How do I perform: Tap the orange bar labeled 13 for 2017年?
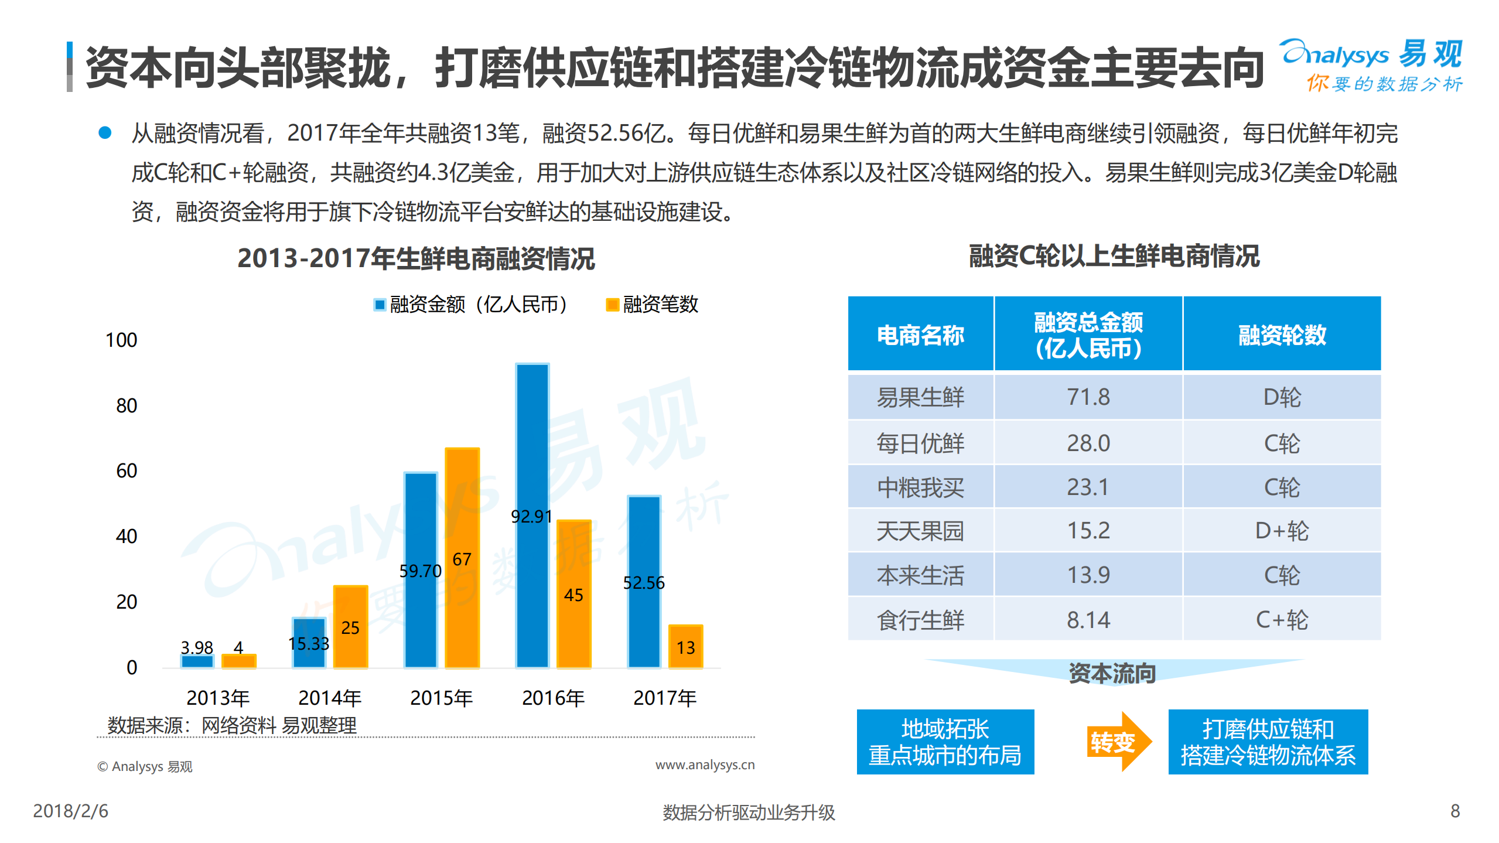pyautogui.click(x=685, y=647)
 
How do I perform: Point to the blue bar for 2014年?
pyautogui.click(x=309, y=643)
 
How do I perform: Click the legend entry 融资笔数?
pyautogui.click(x=652, y=305)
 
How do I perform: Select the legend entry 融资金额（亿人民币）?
pyautogui.click(x=470, y=305)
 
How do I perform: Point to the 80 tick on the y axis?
pyautogui.click(x=126, y=405)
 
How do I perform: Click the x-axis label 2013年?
pyautogui.click(x=218, y=698)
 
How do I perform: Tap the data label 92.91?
pyautogui.click(x=531, y=516)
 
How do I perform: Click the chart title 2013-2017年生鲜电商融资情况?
pyautogui.click(x=416, y=258)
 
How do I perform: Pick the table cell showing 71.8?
pyautogui.click(x=1088, y=397)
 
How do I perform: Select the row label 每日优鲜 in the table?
pyautogui.click(x=920, y=443)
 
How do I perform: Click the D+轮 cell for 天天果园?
pyautogui.click(x=1281, y=531)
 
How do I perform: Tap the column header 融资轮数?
pyautogui.click(x=1281, y=335)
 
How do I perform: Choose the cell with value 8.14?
pyautogui.click(x=1088, y=620)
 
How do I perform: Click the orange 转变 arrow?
pyautogui.click(x=1118, y=742)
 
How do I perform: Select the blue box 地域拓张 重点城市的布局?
pyautogui.click(x=945, y=742)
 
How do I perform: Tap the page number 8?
pyautogui.click(x=1454, y=811)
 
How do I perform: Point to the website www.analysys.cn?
pyautogui.click(x=705, y=764)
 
